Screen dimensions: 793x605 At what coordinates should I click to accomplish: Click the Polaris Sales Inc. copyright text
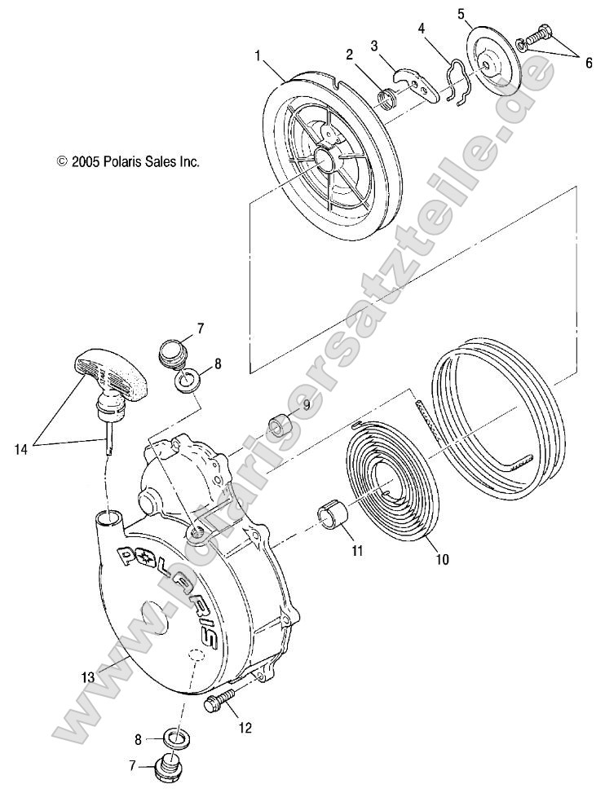[x=128, y=161]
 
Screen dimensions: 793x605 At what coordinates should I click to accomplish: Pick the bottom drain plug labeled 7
[x=170, y=769]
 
